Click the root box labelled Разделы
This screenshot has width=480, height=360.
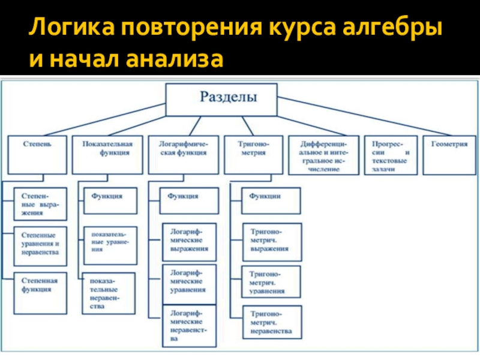tap(221, 100)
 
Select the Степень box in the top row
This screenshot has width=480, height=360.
tap(37, 155)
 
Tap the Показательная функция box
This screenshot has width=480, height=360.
tap(107, 155)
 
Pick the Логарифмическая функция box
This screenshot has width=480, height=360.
tap(183, 155)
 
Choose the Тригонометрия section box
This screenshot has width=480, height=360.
tap(254, 155)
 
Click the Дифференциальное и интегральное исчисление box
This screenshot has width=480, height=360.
tap(325, 155)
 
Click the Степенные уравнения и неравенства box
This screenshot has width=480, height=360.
tap(40, 245)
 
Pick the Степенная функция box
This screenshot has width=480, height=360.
tap(40, 291)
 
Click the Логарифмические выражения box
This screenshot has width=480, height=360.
tap(189, 241)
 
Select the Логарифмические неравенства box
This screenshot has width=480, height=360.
tap(189, 326)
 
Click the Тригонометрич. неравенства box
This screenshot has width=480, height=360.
tap(271, 322)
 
